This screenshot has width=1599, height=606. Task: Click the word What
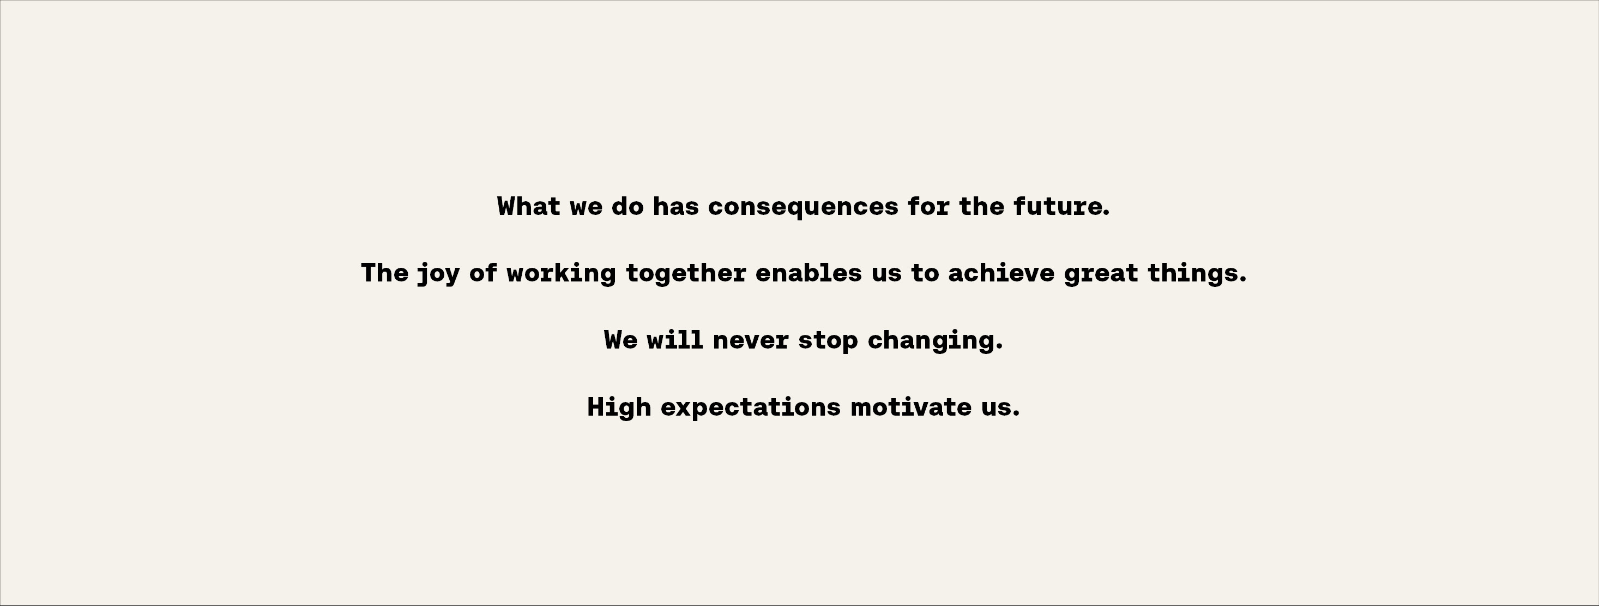coord(529,206)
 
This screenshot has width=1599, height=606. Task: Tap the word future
coord(1058,206)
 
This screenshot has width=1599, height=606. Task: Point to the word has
coord(675,206)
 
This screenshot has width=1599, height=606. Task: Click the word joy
coord(438,274)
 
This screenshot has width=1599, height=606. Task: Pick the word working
coord(561,274)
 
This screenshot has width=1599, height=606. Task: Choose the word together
coord(685,274)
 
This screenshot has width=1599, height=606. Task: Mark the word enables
coord(808,273)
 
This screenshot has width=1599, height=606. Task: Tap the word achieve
coord(1000,273)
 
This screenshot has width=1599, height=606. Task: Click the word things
coord(1192,274)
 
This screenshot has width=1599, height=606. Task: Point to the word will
coord(675,340)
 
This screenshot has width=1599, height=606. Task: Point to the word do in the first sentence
coord(627,206)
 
